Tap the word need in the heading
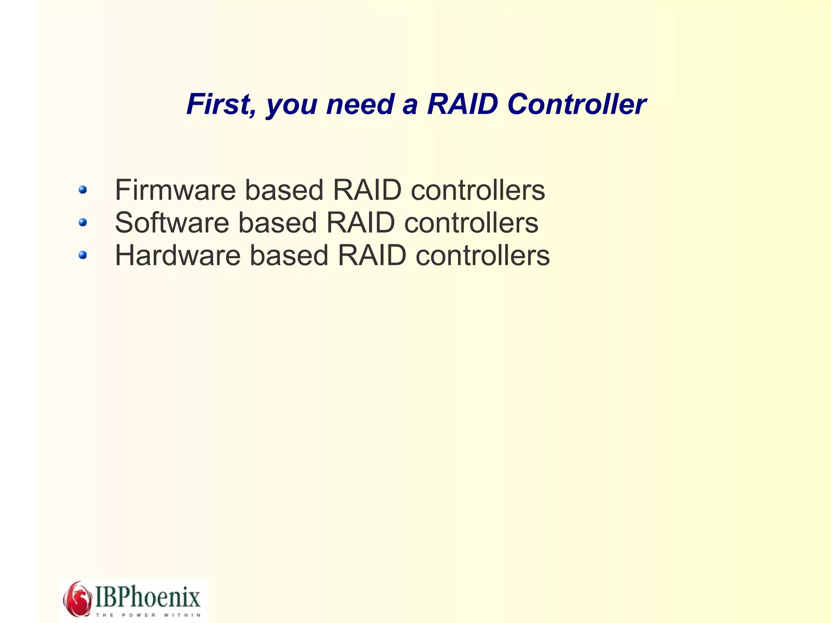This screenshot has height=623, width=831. tap(360, 104)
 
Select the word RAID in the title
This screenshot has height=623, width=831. tap(462, 104)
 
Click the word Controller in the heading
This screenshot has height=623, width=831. tap(576, 104)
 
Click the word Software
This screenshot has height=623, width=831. tap(172, 223)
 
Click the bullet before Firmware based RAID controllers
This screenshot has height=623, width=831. tap(83, 190)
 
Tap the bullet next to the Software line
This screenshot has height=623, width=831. tap(83, 222)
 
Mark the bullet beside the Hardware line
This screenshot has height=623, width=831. tap(83, 255)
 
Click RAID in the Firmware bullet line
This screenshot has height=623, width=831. tap(367, 190)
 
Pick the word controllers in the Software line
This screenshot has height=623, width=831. tap(471, 223)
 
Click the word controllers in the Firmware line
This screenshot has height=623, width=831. tap(478, 190)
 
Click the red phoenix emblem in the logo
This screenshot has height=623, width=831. tap(77, 599)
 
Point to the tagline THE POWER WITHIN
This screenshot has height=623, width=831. tap(148, 615)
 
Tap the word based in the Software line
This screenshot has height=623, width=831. tap(277, 223)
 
